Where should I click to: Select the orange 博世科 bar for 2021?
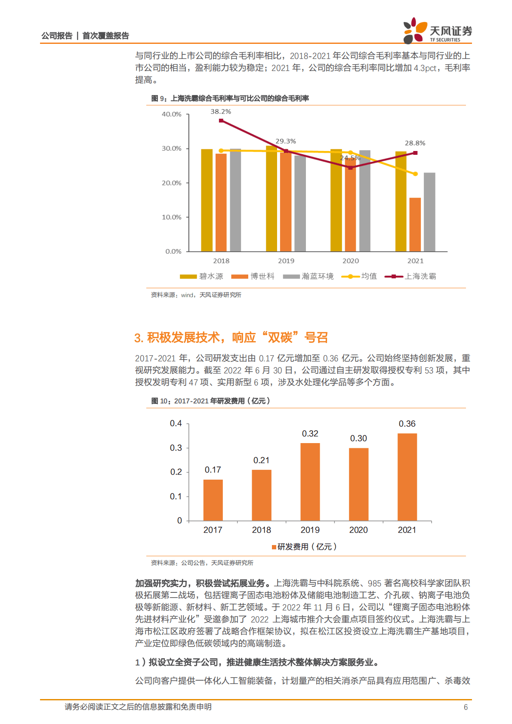(x=415, y=224)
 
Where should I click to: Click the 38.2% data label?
(x=221, y=111)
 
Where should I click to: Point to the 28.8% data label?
(x=415, y=143)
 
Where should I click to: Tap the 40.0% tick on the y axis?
(x=171, y=114)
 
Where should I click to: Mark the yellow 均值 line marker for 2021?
(x=415, y=174)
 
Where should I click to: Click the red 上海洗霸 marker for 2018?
(x=221, y=120)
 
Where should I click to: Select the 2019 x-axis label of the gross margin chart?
(x=286, y=261)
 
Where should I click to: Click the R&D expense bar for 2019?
(x=310, y=482)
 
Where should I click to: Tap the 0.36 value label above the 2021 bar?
(x=407, y=424)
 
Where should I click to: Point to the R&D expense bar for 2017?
(x=213, y=500)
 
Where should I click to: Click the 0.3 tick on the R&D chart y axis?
(x=176, y=448)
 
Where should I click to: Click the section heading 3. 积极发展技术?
(x=231, y=338)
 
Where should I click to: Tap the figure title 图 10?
(x=210, y=401)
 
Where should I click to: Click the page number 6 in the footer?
(x=466, y=707)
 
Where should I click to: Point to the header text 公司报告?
(x=57, y=36)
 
